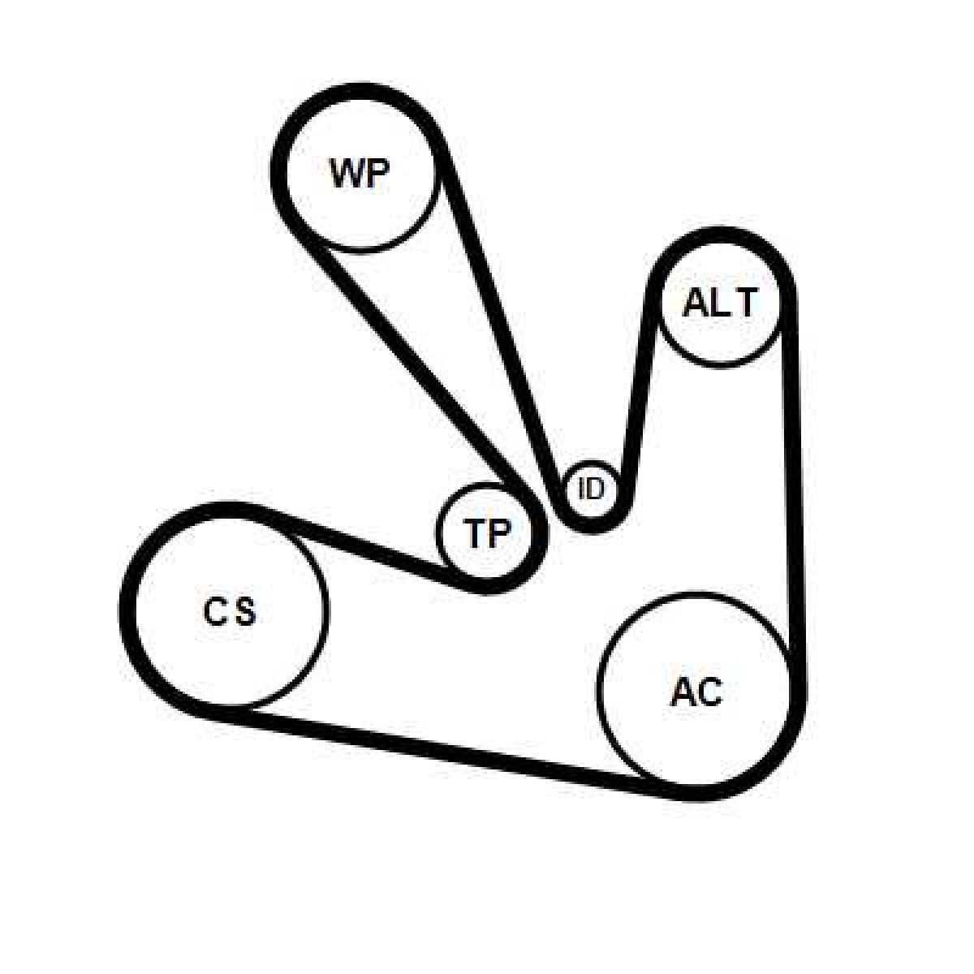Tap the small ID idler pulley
pos(591,489)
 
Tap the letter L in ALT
pos(721,304)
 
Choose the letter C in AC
pos(709,692)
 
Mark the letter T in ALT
pos(744,304)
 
